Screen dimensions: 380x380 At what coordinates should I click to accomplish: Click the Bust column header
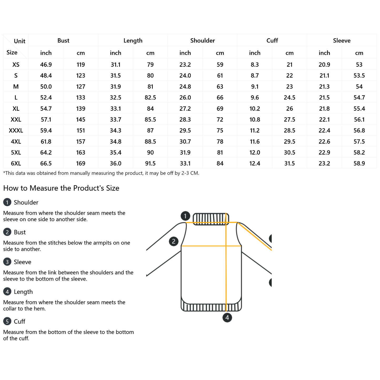pos(63,40)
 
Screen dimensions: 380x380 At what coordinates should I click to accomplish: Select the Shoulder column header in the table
pos(202,40)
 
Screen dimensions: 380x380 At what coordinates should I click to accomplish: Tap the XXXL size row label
pos(16,130)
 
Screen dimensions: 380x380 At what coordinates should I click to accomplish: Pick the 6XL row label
pos(16,164)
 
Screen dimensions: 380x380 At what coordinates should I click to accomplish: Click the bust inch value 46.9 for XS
pos(46,65)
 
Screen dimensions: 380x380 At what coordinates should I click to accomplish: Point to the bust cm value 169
pos(81,164)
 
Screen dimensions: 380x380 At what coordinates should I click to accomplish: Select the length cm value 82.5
pos(150,98)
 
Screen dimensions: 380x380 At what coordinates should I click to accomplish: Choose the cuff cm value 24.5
pos(290,98)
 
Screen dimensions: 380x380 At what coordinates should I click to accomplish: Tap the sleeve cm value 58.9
pos(359,164)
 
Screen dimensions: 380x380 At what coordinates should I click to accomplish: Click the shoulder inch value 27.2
pos(185,109)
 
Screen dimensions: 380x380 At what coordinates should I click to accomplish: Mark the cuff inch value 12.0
pos(255,153)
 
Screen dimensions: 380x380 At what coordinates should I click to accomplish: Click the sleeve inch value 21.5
pos(324,98)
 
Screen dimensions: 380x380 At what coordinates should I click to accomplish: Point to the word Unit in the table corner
pos(19,41)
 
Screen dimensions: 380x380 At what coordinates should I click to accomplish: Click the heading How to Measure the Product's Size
pos(61,188)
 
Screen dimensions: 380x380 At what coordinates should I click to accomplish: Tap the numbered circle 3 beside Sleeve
pos(7,262)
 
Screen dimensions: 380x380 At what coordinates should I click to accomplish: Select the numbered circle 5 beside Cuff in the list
pos(7,321)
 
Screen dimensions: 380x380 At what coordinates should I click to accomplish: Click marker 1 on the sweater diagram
pos(185,216)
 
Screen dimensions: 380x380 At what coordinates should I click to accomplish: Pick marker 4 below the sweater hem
pos(227,318)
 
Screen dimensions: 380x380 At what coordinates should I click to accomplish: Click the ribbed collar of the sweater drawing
pos(211,219)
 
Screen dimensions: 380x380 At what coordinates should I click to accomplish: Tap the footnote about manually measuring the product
pos(101,173)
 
